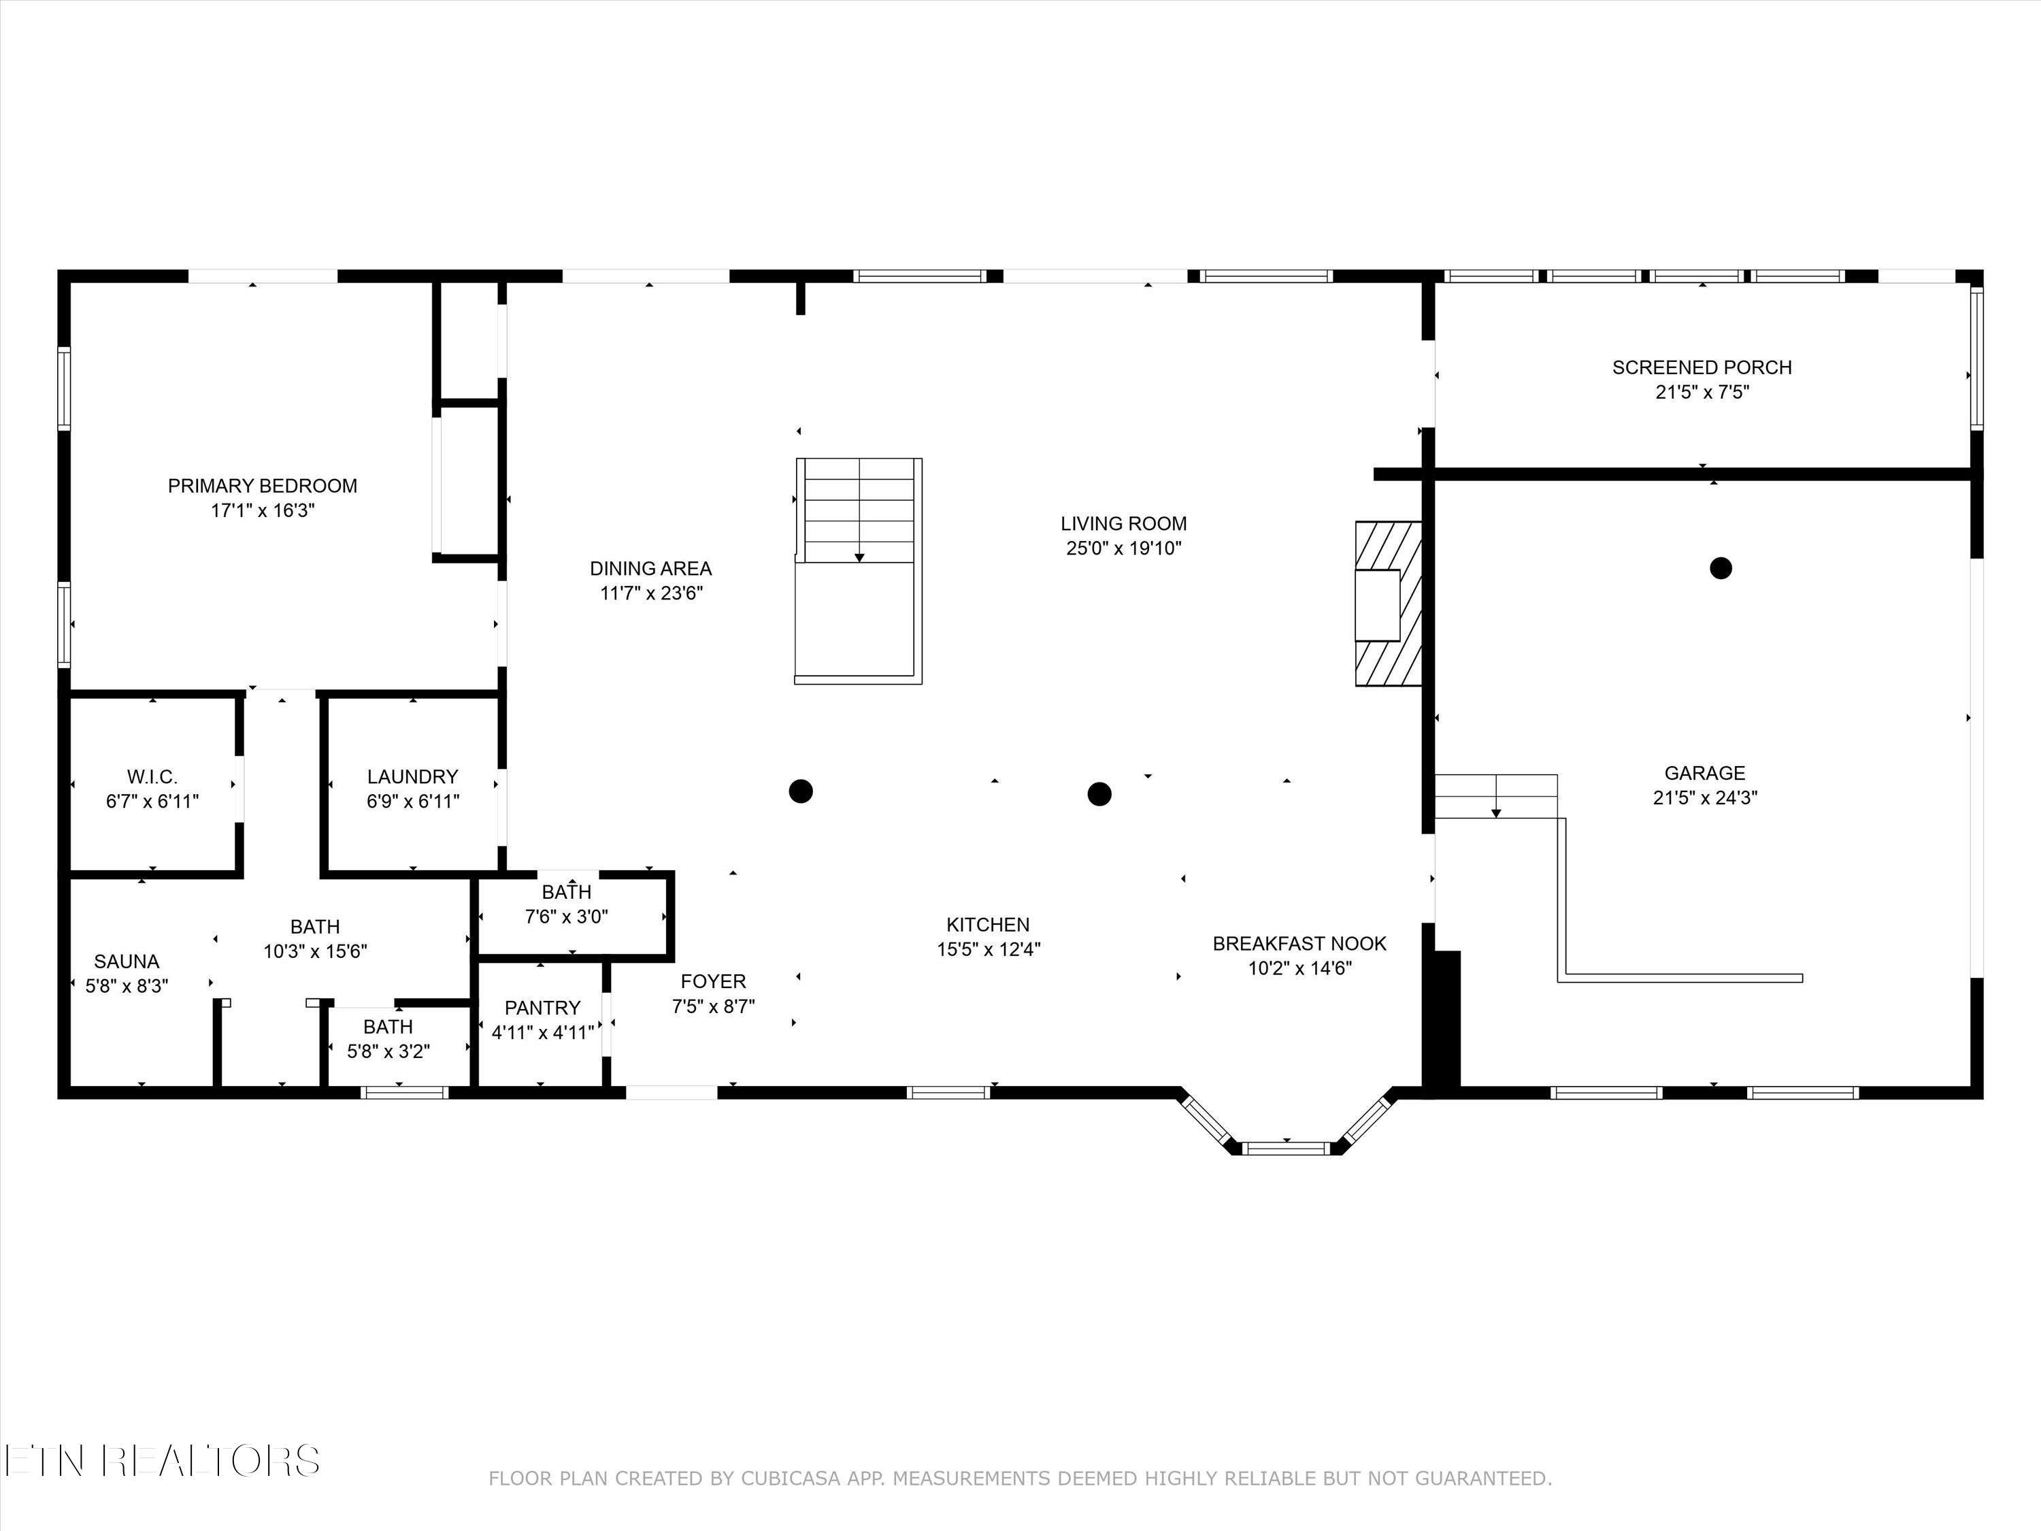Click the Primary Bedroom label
(262, 485)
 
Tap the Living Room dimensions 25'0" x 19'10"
(1124, 548)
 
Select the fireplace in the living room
(1388, 604)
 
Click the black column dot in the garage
(1721, 567)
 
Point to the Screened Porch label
(1702, 367)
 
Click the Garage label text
(1705, 774)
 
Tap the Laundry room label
(412, 777)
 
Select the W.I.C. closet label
(152, 777)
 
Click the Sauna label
(127, 961)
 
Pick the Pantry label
(542, 1008)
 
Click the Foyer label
(713, 982)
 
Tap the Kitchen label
(989, 925)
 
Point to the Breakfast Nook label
(1299, 944)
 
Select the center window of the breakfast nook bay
(1287, 1148)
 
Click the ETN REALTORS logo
(163, 1460)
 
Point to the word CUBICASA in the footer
(791, 1504)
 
